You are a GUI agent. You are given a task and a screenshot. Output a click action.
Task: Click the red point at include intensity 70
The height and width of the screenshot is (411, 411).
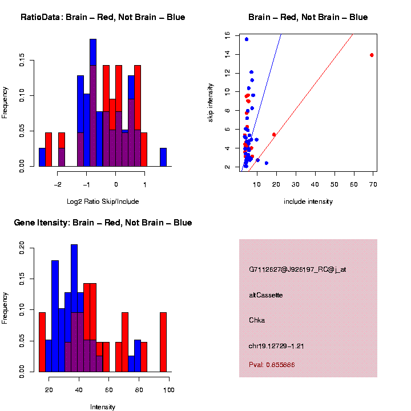pos(372,55)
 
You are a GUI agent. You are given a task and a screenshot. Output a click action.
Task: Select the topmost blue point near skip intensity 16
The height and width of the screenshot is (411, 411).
pos(247,39)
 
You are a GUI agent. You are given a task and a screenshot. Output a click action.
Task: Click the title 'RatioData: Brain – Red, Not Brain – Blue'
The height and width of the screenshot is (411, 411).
pos(103,17)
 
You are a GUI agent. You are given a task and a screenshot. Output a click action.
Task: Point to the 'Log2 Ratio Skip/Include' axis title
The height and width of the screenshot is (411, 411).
pos(103,201)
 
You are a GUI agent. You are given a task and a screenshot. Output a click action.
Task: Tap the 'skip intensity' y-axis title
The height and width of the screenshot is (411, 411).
pos(211,102)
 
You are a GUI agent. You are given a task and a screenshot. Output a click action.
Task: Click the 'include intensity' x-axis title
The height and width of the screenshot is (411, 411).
pos(308,201)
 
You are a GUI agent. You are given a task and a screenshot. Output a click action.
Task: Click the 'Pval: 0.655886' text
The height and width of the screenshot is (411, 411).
pos(272,365)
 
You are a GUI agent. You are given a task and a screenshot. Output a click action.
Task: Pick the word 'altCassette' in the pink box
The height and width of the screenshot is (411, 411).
pos(266,295)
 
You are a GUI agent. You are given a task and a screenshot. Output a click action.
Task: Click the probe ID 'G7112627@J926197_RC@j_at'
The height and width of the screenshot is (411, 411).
pos(297,269)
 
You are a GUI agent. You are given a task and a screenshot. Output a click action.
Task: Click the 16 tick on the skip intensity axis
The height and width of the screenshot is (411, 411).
pos(227,35)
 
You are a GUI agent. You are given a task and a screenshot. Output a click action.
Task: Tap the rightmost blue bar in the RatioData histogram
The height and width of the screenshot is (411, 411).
pos(163,157)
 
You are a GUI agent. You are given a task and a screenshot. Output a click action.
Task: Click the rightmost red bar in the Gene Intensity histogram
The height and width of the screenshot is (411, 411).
pos(163,342)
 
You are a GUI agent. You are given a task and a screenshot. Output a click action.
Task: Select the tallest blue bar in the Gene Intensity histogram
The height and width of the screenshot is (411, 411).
pos(74,308)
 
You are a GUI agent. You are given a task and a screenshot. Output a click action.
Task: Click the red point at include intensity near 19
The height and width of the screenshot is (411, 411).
pos(274,135)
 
